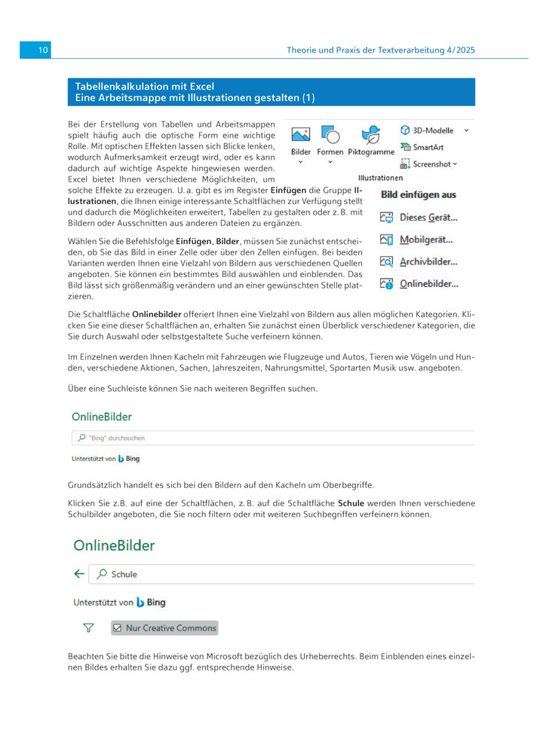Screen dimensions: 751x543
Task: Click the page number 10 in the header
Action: click(42, 50)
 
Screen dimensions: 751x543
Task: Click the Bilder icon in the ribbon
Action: click(301, 135)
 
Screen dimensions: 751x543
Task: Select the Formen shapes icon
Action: click(330, 135)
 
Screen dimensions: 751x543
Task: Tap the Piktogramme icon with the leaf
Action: click(370, 135)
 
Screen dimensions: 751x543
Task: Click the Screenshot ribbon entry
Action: click(428, 163)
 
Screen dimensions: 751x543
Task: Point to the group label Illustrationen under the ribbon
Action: click(380, 179)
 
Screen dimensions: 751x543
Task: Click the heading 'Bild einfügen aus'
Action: click(418, 195)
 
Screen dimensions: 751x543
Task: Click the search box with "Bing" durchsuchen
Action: click(271, 438)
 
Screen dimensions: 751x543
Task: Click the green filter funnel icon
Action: click(88, 627)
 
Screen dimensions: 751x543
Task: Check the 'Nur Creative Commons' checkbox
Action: click(117, 627)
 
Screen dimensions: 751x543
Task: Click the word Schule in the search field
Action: click(124, 575)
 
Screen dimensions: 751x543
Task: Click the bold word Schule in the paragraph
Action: click(351, 502)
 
